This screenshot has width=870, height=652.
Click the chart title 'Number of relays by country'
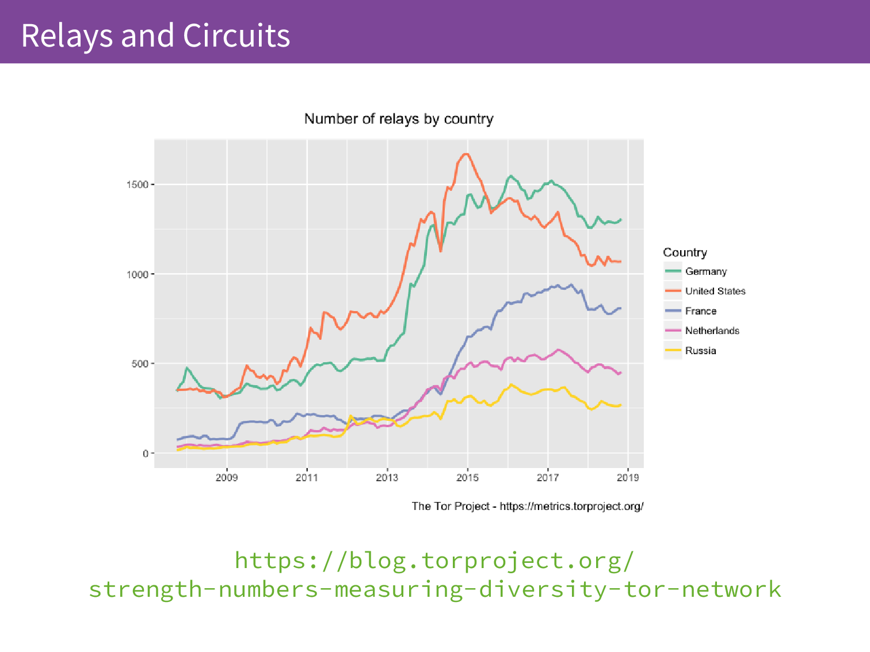pos(398,119)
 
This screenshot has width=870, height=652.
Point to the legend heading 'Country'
pos(685,252)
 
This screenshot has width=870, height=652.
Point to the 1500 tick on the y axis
pos(138,185)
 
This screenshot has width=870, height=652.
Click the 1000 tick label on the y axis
pos(138,274)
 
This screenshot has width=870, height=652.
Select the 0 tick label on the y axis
pos(146,454)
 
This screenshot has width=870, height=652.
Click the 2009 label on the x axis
pos(227,478)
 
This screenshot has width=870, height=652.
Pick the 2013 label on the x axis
pos(387,478)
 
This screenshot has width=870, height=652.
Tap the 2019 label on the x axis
pos(627,478)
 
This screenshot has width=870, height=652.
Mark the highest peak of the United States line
pos(466,154)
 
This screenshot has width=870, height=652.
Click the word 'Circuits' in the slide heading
pos(236,36)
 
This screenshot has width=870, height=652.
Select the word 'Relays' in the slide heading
pos(67,36)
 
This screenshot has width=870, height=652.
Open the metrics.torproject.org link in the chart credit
pos(571,507)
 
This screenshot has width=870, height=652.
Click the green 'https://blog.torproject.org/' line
pos(434,561)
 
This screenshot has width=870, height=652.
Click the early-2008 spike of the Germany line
pos(186,368)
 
